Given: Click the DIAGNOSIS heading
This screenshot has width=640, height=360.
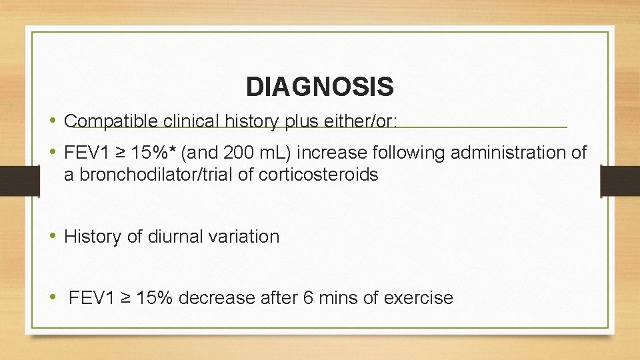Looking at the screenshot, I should [319, 87].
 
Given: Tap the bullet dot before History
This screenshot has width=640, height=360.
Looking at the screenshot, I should [53, 236].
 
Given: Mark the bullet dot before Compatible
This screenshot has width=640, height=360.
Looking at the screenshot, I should [53, 121].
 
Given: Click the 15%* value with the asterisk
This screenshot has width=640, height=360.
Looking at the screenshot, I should [153, 153].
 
